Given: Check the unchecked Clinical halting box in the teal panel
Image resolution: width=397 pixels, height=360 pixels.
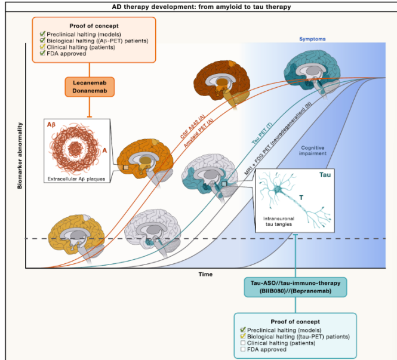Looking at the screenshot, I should coord(242,344).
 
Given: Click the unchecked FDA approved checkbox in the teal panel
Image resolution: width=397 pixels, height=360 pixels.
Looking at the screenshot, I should coord(242,351).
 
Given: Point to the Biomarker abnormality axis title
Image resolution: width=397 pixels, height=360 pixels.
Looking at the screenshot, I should coord(20,155).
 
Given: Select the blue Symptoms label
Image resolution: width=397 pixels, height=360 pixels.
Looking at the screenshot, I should coord(312,39).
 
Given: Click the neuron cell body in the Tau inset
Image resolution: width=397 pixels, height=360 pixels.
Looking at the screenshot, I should coord(279,190).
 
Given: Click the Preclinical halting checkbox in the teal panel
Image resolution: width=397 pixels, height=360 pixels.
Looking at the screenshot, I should coord(242,330).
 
